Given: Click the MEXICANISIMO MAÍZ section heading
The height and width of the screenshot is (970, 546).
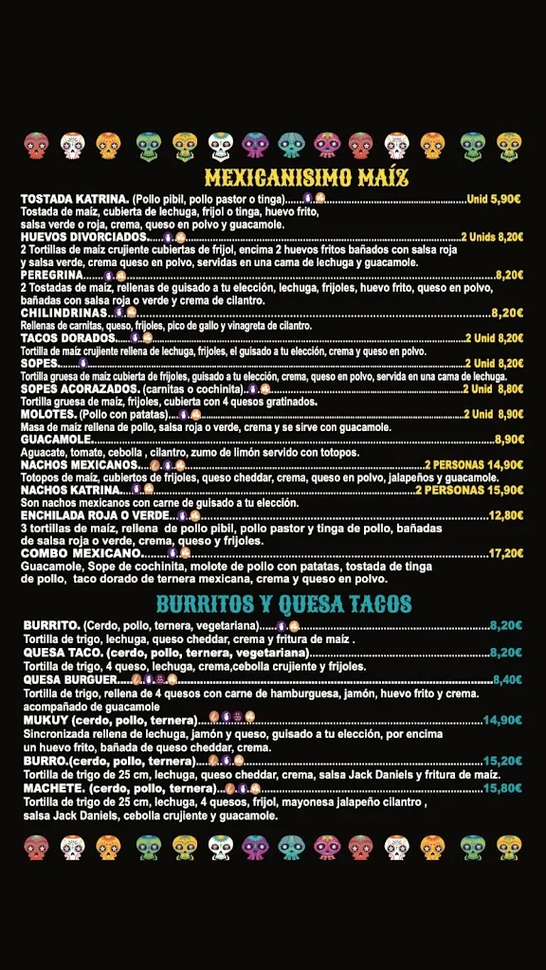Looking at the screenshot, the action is click(306, 177).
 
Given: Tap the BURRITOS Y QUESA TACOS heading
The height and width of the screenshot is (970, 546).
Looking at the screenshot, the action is click(283, 604).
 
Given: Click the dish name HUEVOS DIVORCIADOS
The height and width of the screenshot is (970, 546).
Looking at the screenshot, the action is click(83, 237).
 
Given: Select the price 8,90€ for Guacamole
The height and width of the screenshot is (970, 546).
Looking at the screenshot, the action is click(508, 440).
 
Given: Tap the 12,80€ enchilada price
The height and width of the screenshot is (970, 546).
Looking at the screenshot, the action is click(505, 515).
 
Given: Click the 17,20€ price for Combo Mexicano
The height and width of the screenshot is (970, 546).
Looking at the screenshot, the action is click(505, 553).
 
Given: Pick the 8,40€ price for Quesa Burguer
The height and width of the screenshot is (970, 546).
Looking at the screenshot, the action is click(506, 679).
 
